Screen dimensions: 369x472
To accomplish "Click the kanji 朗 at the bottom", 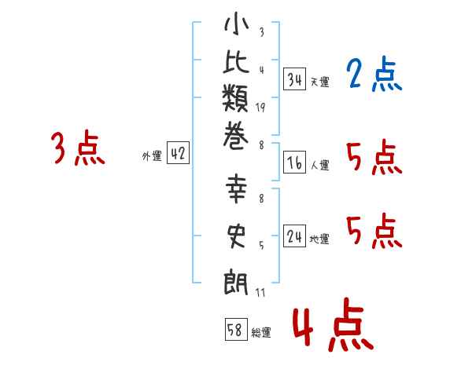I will point(236,279).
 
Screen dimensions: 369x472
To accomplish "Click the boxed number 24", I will point(295,236).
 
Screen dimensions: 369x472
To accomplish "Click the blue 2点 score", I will point(374,75).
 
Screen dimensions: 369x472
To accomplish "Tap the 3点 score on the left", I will point(78,148).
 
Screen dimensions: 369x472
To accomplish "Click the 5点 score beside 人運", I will point(374,159).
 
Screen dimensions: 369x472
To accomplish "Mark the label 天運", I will point(319,82).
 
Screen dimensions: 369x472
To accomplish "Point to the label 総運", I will point(261,333).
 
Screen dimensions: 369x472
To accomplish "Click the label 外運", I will point(152,156).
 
